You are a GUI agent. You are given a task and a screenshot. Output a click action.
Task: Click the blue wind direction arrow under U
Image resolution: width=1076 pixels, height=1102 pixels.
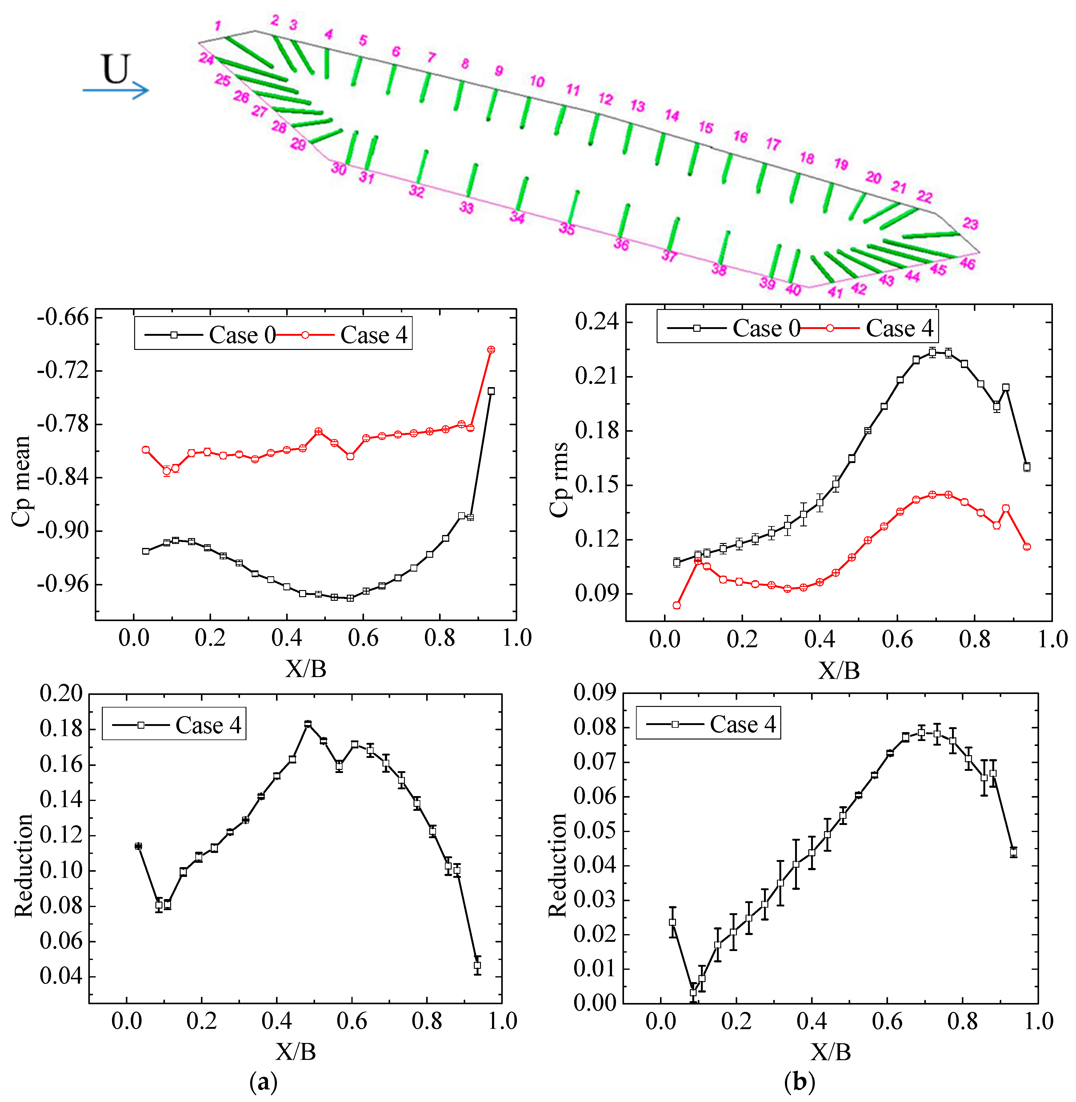pos(116,90)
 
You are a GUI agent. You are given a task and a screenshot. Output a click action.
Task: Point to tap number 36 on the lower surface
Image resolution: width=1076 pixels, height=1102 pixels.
pos(621,244)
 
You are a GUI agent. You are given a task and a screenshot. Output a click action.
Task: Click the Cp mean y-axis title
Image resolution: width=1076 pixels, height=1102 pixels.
pos(22,481)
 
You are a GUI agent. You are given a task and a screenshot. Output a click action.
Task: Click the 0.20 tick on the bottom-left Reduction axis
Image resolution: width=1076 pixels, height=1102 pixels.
pos(61,694)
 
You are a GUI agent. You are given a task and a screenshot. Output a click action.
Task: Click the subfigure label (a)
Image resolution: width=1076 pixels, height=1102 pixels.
pos(263,1082)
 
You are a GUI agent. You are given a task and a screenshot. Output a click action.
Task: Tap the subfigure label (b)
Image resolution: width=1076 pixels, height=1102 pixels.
pos(799,1082)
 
